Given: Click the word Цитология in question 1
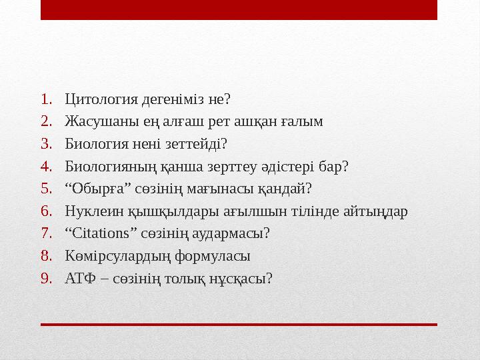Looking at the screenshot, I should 101,100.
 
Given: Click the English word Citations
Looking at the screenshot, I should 97,234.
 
